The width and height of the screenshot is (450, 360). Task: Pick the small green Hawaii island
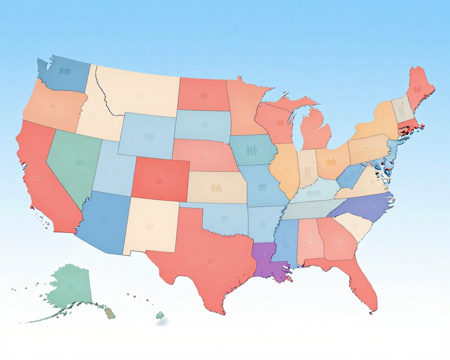coord(160,315)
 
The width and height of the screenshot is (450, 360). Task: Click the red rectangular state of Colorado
coord(160,178)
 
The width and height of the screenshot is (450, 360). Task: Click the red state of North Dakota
coord(202,94)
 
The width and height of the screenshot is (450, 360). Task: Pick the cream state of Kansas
coord(217,187)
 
